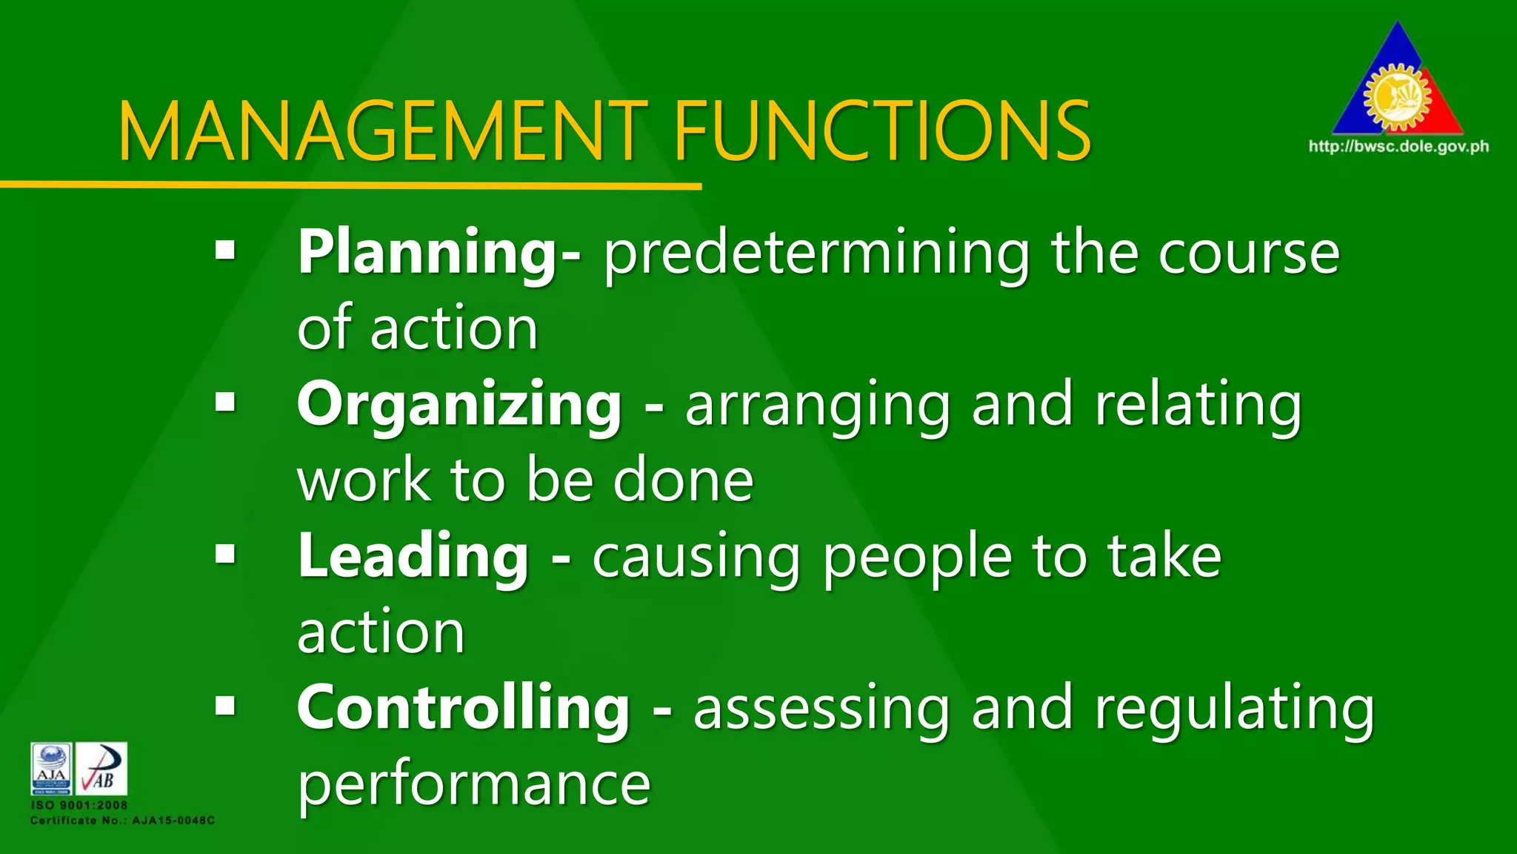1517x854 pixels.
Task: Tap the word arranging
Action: pos(818,406)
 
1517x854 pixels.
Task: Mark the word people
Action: pos(917,557)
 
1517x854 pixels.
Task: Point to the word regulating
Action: pos(1234,709)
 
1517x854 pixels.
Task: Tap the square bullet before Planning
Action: pos(225,250)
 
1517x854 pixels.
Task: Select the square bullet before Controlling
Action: pos(225,705)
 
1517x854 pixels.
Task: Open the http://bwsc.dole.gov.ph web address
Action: pos(1398,146)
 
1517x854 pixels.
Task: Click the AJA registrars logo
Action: pos(51,769)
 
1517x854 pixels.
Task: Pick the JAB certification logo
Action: pos(101,769)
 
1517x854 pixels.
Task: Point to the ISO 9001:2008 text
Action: pos(79,805)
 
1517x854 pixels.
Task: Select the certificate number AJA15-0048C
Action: pos(173,821)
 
